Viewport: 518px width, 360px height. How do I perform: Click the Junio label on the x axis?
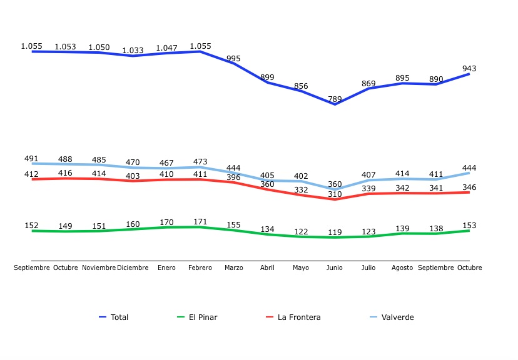(x=335, y=267)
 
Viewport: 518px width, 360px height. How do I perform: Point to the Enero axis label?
(x=166, y=267)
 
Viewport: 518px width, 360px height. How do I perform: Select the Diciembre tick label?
(x=133, y=267)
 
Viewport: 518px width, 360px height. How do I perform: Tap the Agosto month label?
(x=402, y=267)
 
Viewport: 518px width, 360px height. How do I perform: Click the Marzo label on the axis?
(x=233, y=267)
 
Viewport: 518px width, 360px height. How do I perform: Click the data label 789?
(x=335, y=99)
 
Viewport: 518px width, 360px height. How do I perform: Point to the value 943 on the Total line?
(x=469, y=69)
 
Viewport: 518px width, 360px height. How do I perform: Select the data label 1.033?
(x=133, y=51)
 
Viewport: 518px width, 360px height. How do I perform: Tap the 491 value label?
(x=31, y=159)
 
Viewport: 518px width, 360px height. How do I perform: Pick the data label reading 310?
(x=335, y=194)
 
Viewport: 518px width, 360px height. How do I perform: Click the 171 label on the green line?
(x=200, y=221)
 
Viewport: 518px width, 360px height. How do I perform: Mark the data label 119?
(x=335, y=232)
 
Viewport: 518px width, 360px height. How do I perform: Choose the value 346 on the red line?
(x=469, y=187)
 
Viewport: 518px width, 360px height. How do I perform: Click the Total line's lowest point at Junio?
(x=335, y=104)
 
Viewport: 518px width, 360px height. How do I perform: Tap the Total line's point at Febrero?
(x=200, y=51)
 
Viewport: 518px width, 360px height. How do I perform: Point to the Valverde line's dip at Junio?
(x=335, y=189)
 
